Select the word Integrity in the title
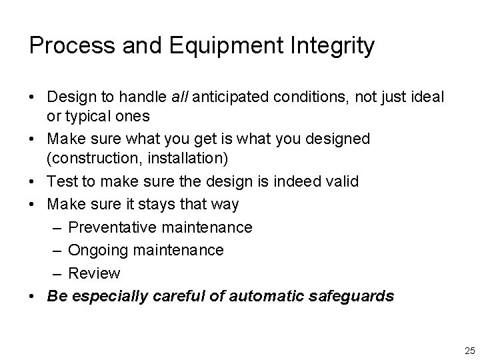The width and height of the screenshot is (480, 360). pyautogui.click(x=333, y=46)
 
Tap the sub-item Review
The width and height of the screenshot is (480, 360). pyautogui.click(x=94, y=273)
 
